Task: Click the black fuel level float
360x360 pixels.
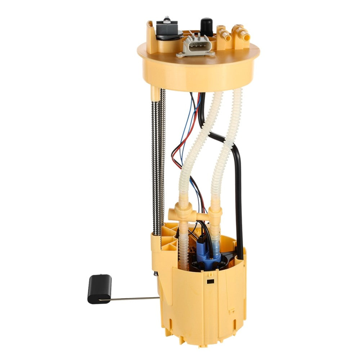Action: point(99,289)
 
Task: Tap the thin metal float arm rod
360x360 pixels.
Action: point(133,298)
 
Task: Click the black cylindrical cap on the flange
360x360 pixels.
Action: point(207,26)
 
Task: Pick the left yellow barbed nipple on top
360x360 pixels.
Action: point(223,34)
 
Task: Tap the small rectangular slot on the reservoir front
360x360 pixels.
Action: point(210,281)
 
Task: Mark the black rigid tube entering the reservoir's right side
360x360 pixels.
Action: point(238,202)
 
